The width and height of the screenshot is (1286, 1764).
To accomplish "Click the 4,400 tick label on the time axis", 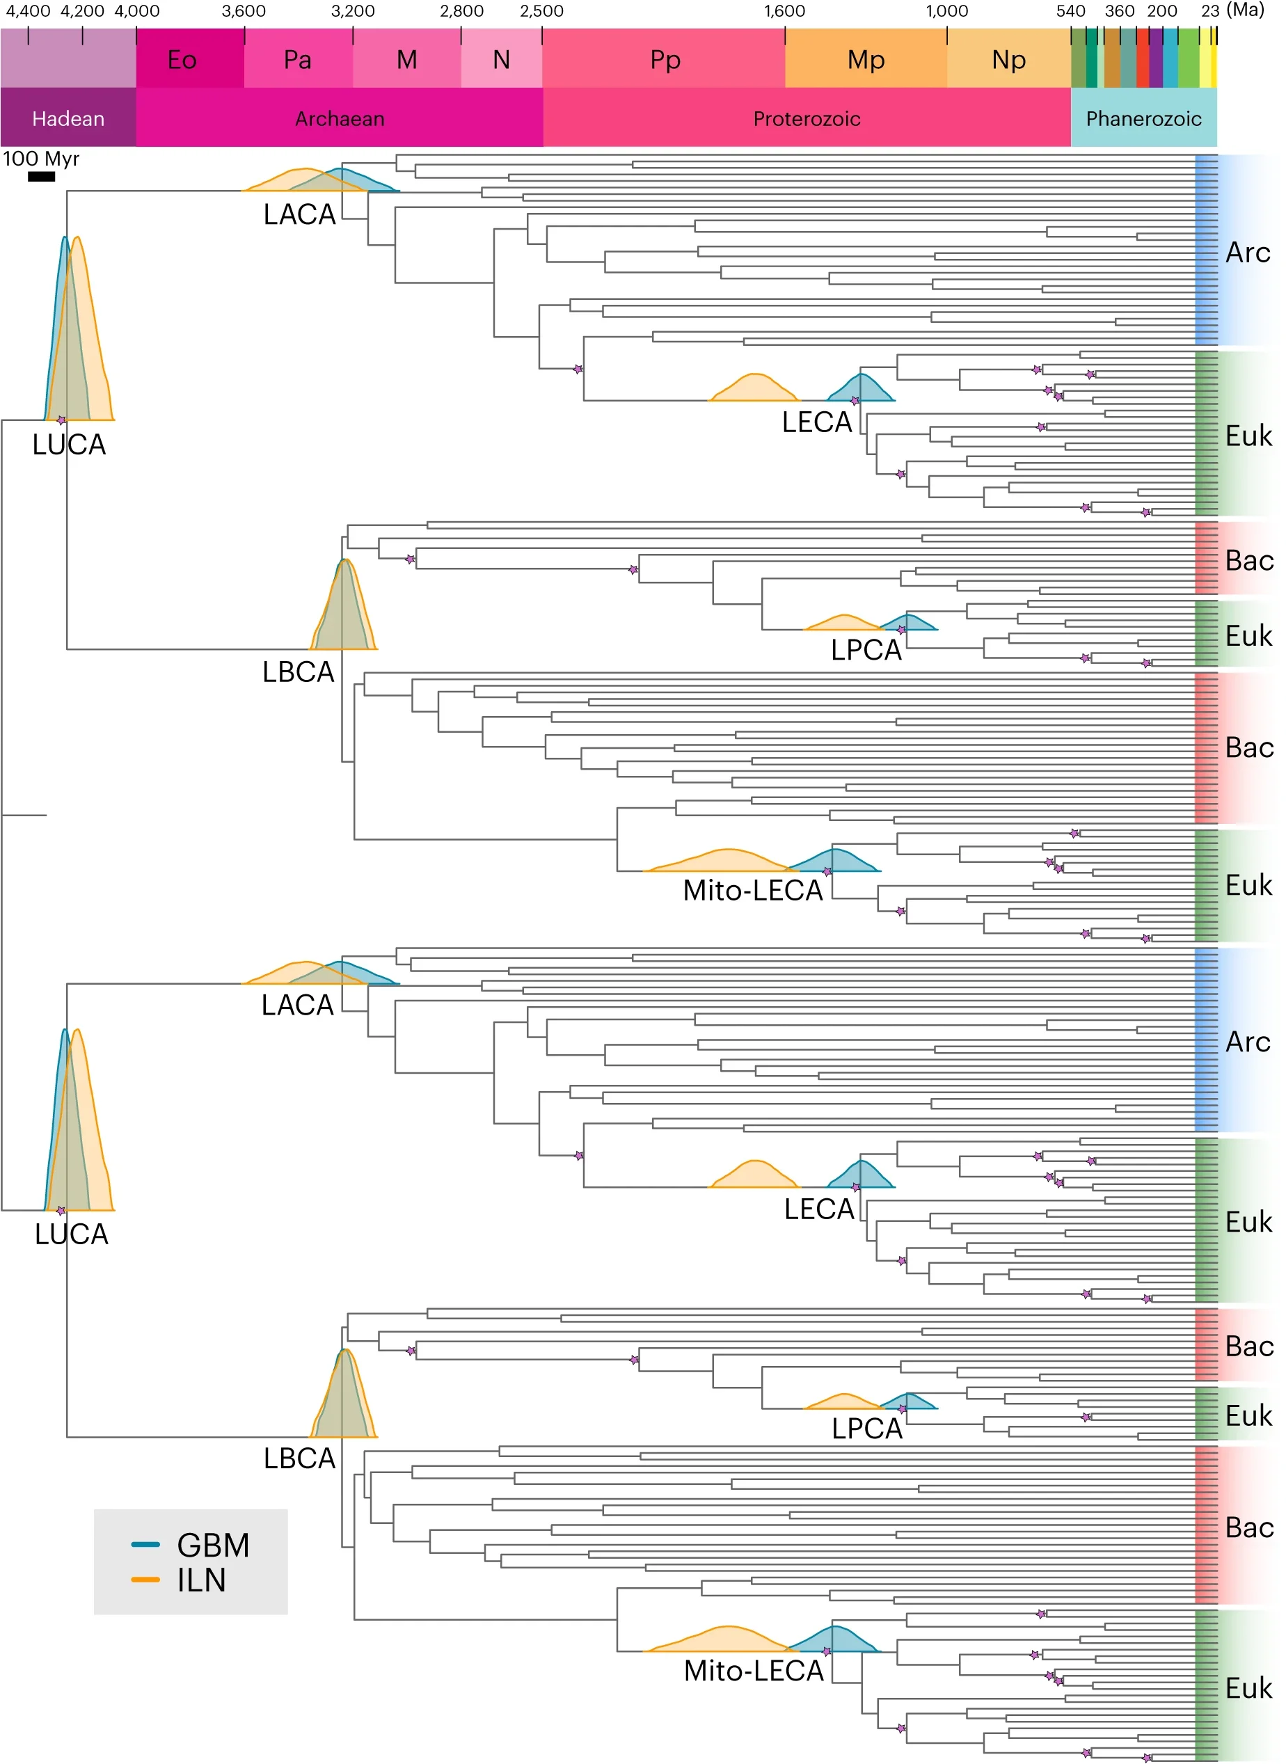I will click(28, 11).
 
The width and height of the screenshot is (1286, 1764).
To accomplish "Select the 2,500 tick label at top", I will click(542, 11).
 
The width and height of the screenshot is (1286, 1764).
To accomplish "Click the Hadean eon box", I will click(68, 118).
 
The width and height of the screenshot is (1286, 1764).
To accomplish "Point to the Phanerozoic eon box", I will click(1143, 118).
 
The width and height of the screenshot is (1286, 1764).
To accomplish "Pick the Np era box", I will click(1008, 59).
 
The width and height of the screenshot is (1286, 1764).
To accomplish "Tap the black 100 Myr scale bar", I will click(41, 177).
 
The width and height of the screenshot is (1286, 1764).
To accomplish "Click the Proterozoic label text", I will click(806, 118).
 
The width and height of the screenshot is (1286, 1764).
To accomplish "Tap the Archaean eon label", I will click(340, 118).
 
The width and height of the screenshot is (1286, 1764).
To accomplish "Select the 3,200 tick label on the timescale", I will click(353, 11).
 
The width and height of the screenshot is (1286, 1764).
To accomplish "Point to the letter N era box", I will click(501, 59).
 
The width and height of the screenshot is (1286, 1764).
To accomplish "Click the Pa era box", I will click(297, 59).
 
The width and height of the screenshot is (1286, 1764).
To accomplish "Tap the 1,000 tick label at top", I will click(946, 11).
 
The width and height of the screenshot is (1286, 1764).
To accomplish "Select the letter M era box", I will click(406, 59).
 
